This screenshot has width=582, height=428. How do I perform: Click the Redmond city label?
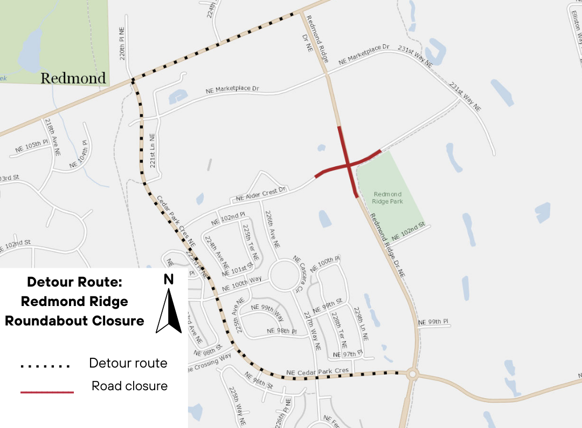(x=73, y=78)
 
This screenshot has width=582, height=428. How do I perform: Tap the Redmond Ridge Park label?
(x=387, y=198)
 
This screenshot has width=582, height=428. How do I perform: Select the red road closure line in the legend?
(x=47, y=392)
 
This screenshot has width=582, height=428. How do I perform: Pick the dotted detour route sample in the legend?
(x=46, y=366)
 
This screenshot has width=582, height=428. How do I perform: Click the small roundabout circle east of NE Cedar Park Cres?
(x=413, y=373)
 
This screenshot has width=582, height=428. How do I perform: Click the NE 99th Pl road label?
(x=433, y=322)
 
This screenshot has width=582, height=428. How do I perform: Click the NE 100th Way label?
(x=241, y=281)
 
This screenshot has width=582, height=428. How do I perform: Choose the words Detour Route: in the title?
(x=74, y=282)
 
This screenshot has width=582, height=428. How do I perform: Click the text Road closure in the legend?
(x=129, y=386)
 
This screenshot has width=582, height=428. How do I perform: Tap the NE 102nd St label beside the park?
(x=408, y=231)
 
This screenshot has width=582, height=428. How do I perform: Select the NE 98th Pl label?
(x=282, y=330)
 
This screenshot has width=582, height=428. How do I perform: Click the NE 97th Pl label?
(x=345, y=354)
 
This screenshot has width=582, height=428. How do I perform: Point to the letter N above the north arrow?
(x=169, y=279)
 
